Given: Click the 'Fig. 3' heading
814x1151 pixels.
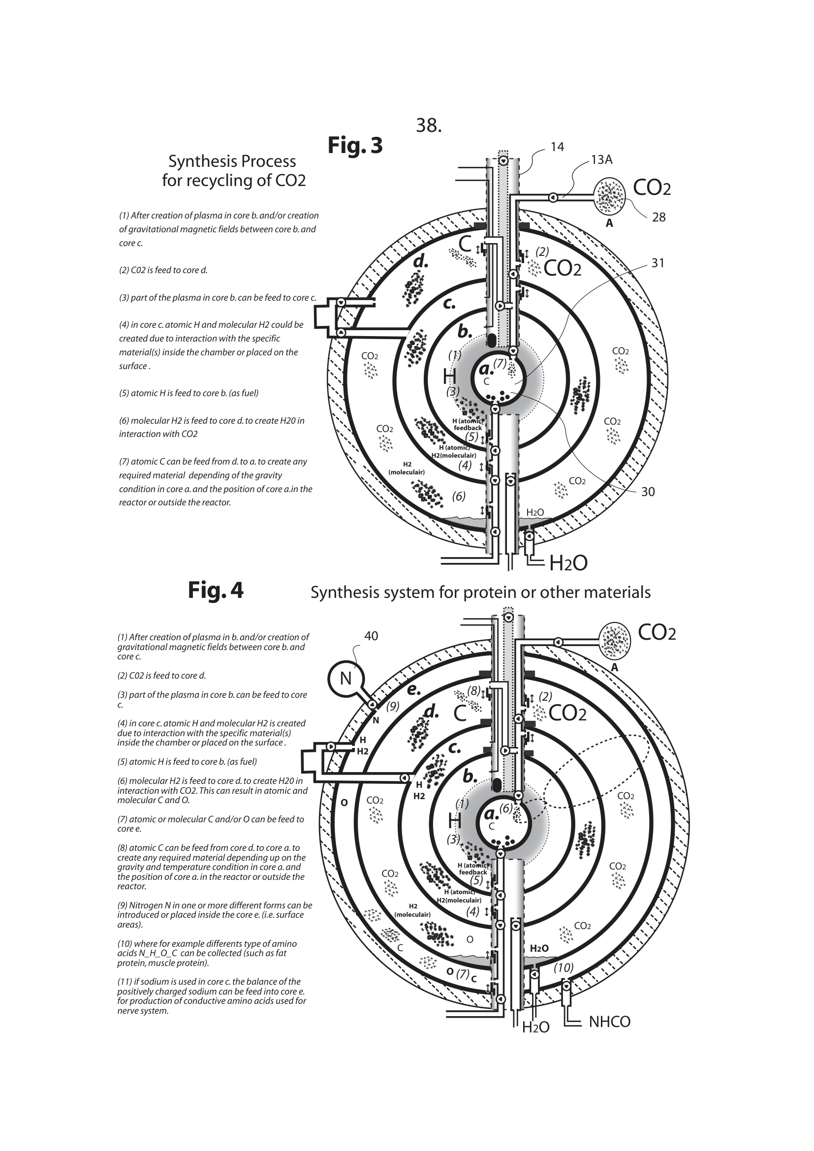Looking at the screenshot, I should (x=355, y=145).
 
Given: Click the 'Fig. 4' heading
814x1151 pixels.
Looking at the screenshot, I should (x=216, y=590).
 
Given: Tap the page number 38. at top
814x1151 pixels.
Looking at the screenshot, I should (x=429, y=126).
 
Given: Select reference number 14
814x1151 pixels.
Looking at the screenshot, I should (x=557, y=147).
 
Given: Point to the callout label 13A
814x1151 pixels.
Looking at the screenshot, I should (x=601, y=160).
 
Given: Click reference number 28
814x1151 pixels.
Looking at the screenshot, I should (x=658, y=217).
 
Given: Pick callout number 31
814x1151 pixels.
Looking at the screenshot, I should (x=657, y=263).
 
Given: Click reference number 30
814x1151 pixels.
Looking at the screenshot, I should (x=648, y=492).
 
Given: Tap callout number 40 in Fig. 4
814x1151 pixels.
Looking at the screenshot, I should (x=371, y=636).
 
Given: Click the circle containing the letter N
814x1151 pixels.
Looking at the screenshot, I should (x=345, y=678).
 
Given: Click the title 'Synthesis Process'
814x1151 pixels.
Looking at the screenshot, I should (x=232, y=161).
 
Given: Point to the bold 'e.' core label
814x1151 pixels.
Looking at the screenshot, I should (x=413, y=690).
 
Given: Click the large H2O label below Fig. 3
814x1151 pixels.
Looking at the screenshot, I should (x=568, y=563).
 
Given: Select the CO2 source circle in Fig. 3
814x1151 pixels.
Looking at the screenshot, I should (x=609, y=195).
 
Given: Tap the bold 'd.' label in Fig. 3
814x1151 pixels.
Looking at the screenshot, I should (x=420, y=261).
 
